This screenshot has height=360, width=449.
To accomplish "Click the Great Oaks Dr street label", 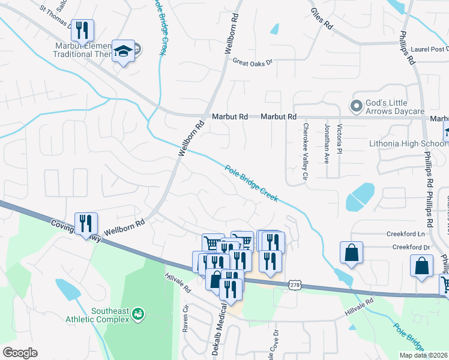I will point(253,62).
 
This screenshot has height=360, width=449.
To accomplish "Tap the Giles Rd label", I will point(322,19).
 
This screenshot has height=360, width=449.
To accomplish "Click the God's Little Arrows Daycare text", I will point(397,106).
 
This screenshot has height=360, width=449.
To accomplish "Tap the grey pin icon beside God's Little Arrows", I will point(357,106).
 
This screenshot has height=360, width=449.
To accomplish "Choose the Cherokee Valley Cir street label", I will point(306,152).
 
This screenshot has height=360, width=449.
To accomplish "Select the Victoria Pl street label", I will point(340,137).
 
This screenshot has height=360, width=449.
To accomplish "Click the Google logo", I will point(20,353).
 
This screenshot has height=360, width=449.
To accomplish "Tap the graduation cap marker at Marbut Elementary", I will point(124,52).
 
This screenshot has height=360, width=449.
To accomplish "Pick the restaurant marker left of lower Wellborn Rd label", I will point(86,223).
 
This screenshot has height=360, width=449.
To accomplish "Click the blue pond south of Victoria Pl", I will point(360,196).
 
